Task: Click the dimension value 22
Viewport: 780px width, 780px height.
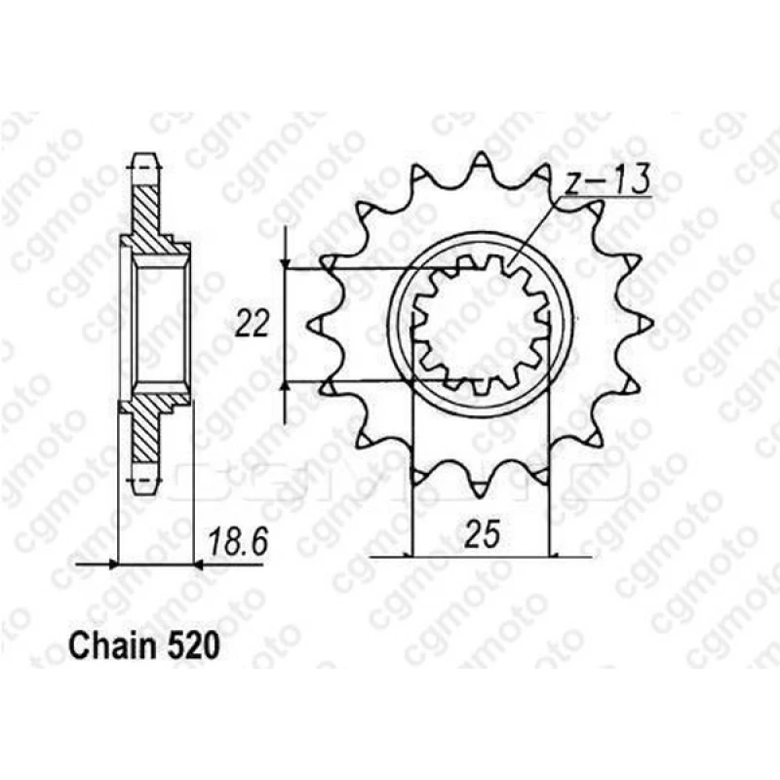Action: click(252, 324)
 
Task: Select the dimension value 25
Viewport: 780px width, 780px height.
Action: click(481, 535)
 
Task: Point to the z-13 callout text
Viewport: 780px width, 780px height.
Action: click(606, 180)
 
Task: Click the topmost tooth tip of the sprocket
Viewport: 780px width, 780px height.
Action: click(481, 153)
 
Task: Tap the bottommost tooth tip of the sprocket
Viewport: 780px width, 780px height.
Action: click(480, 497)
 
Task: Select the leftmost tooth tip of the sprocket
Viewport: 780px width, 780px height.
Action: click(309, 326)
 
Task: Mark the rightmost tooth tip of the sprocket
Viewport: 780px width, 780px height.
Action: click(652, 324)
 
